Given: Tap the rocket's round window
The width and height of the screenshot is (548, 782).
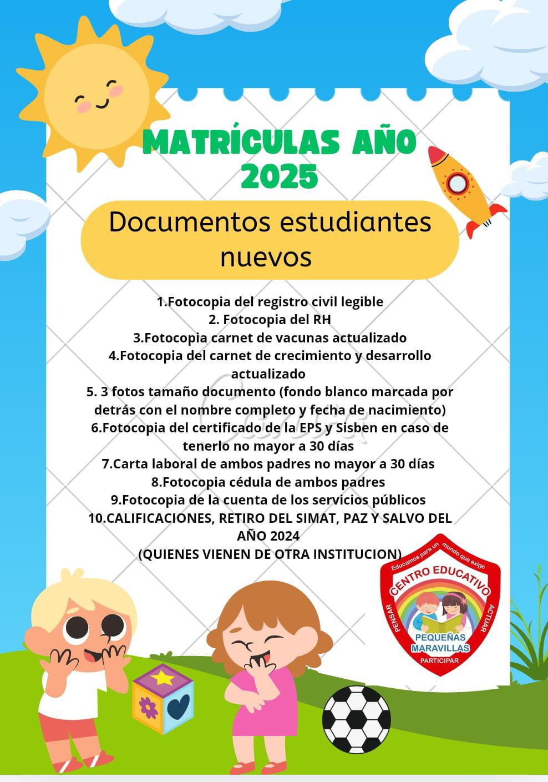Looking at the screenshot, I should click(458, 183).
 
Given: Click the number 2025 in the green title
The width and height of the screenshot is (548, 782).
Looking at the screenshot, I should click(280, 177).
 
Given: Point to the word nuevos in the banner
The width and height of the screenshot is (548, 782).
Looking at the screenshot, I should click(266, 256).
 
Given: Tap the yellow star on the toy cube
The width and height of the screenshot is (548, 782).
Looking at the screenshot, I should click(163, 677).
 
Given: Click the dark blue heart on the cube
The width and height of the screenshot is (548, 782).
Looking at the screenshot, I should click(179, 706).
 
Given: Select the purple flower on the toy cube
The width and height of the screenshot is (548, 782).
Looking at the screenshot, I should click(148, 708).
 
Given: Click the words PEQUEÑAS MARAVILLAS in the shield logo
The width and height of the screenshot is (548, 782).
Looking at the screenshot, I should click(440, 643).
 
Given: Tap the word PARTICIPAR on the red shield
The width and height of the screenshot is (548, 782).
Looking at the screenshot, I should click(439, 660).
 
